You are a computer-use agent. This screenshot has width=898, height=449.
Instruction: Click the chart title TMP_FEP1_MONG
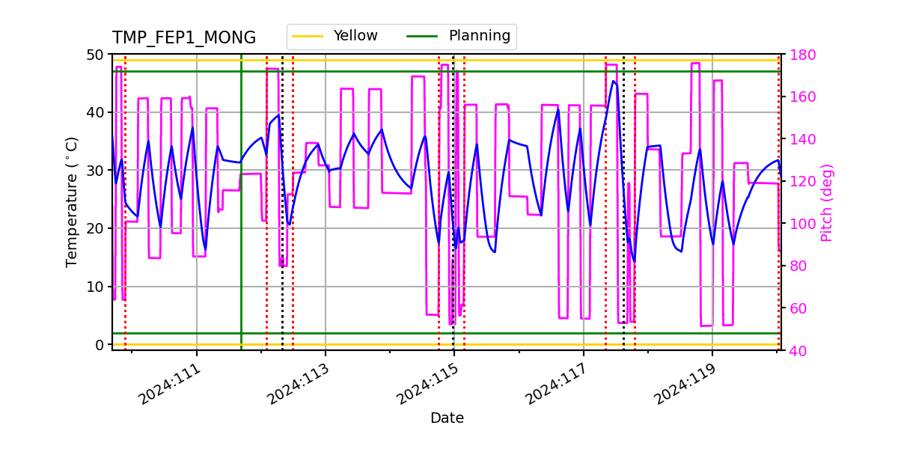pyautogui.click(x=184, y=38)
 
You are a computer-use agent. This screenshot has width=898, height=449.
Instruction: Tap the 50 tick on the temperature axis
pyautogui.click(x=97, y=55)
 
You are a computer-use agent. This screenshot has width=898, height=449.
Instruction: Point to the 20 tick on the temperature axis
pyautogui.click(x=97, y=228)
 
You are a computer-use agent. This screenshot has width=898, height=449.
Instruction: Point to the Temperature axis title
pyautogui.click(x=72, y=201)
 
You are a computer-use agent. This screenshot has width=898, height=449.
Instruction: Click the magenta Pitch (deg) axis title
pyautogui.click(x=826, y=202)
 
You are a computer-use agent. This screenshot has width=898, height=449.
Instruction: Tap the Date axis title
pyautogui.click(x=447, y=418)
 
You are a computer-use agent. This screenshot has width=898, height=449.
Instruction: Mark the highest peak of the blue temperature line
pyautogui.click(x=614, y=81)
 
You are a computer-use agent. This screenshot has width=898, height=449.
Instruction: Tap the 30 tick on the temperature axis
pyautogui.click(x=97, y=171)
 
